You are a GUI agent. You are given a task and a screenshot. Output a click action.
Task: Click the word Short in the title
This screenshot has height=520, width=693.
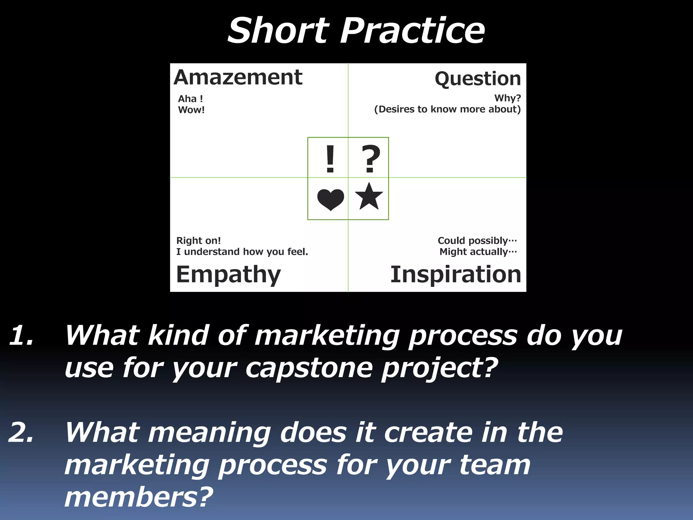coord(278,31)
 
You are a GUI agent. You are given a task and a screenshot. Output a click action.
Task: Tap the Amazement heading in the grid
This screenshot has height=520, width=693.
coord(238,78)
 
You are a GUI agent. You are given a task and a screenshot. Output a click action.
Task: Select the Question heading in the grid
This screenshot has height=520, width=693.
coord(477,79)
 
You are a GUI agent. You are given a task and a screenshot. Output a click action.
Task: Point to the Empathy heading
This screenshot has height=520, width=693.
coord(228,274)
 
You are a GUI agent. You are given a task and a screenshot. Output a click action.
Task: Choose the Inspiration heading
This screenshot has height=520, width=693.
coord(455,274)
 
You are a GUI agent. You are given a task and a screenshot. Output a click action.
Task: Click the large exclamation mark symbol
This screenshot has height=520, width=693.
coord(330,158)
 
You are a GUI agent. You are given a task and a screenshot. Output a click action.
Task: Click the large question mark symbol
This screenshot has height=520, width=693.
coord(371,158)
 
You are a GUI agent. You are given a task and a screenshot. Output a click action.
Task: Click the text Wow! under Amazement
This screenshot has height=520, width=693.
coord(191,110)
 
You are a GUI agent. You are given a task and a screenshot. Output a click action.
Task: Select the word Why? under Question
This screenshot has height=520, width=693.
coord(507,98)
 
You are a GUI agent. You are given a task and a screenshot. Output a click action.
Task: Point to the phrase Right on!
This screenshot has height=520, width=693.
coord(198,241)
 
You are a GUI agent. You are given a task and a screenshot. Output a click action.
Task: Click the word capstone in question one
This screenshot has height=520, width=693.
coord(309,368)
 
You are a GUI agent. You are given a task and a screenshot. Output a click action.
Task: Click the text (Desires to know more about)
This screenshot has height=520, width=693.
coord(447,109)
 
